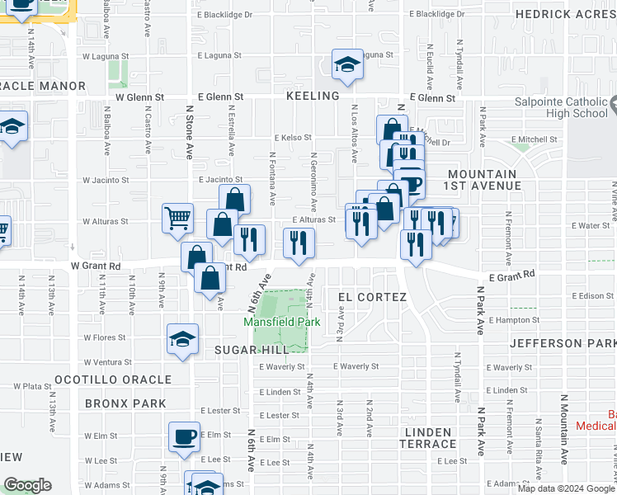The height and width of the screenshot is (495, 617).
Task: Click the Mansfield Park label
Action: [x=280, y=322]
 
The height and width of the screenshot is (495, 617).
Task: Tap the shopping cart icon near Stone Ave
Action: [x=177, y=219]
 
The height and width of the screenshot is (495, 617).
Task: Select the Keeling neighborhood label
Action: [x=313, y=96]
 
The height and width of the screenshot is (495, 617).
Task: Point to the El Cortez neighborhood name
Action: [x=372, y=296]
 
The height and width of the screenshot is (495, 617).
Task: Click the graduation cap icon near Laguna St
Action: [x=347, y=64]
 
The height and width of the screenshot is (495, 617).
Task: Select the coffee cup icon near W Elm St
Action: [x=184, y=436]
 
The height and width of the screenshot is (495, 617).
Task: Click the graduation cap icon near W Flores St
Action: [x=182, y=338]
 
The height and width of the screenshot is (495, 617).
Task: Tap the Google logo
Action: [x=27, y=485]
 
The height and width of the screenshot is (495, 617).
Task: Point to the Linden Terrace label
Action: [x=427, y=438]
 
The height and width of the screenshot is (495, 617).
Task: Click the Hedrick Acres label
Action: [x=565, y=14]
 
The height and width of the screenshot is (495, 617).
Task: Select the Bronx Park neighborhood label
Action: [x=125, y=403]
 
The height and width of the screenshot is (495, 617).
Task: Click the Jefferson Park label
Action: [x=563, y=342]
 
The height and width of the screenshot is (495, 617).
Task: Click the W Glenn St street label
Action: [x=134, y=97]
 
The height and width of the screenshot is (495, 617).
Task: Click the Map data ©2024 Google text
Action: [x=565, y=488]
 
